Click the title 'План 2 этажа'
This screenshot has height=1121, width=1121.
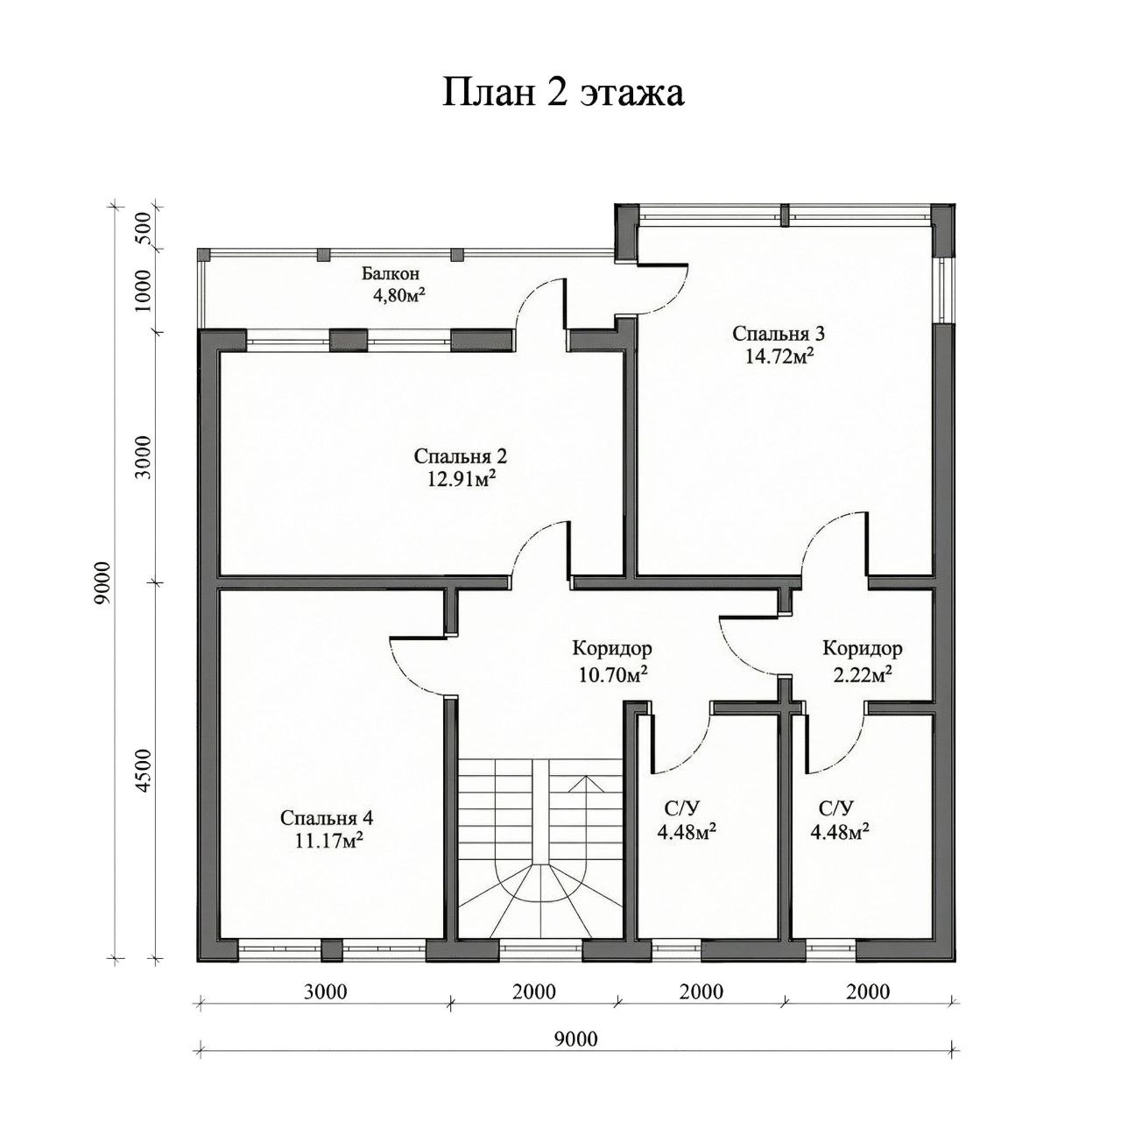(x=562, y=93)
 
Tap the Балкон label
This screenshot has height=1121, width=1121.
(x=391, y=273)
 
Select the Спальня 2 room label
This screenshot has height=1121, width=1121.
(x=460, y=456)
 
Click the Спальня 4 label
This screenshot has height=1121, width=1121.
(x=327, y=817)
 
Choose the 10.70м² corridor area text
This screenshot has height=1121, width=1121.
(x=613, y=675)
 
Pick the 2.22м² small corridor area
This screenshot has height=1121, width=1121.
(x=863, y=675)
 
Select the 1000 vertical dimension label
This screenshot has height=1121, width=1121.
(x=145, y=290)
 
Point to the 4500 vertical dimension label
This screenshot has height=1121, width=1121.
(x=145, y=771)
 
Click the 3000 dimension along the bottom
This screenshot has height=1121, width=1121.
(x=325, y=992)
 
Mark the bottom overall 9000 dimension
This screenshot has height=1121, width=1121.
(x=575, y=1039)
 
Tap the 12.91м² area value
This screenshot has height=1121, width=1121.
(x=462, y=478)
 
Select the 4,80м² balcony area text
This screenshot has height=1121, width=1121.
(x=399, y=294)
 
